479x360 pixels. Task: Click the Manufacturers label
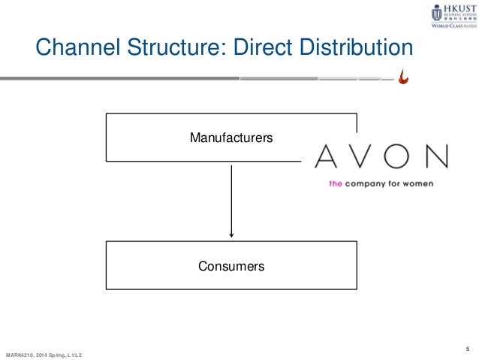point(230,138)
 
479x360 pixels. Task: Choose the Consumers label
point(230,265)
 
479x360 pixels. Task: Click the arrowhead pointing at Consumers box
point(231,235)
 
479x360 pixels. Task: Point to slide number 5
point(468,346)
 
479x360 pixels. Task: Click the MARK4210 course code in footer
point(20,354)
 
